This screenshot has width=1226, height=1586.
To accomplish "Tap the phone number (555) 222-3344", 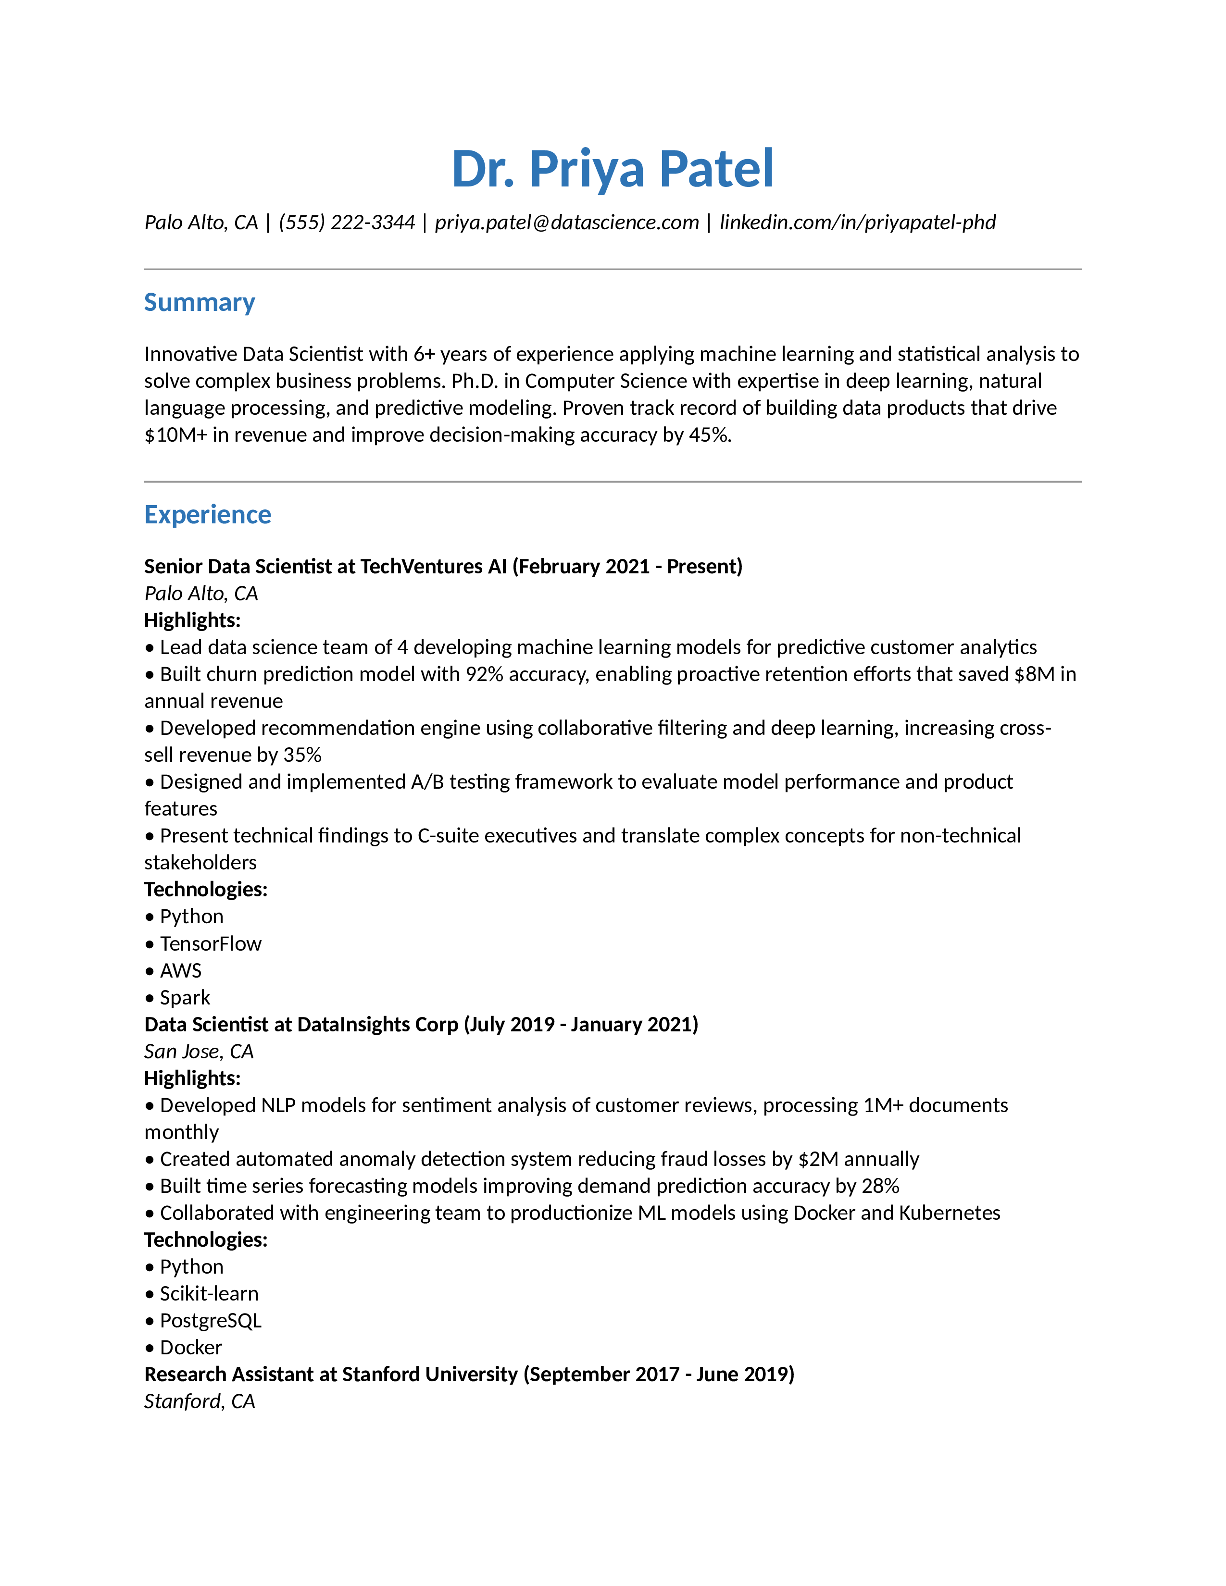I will (347, 222).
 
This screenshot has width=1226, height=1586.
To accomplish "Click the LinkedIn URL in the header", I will (857, 222).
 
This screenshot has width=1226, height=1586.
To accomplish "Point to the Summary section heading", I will (199, 302).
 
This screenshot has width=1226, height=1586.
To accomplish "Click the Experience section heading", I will (207, 514).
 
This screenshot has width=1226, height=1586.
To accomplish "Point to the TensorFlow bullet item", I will (210, 944).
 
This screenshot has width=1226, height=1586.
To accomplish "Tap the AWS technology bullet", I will (180, 971).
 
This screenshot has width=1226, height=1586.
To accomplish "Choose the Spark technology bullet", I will (185, 998).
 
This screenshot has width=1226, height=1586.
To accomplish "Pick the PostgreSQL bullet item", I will (210, 1320).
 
